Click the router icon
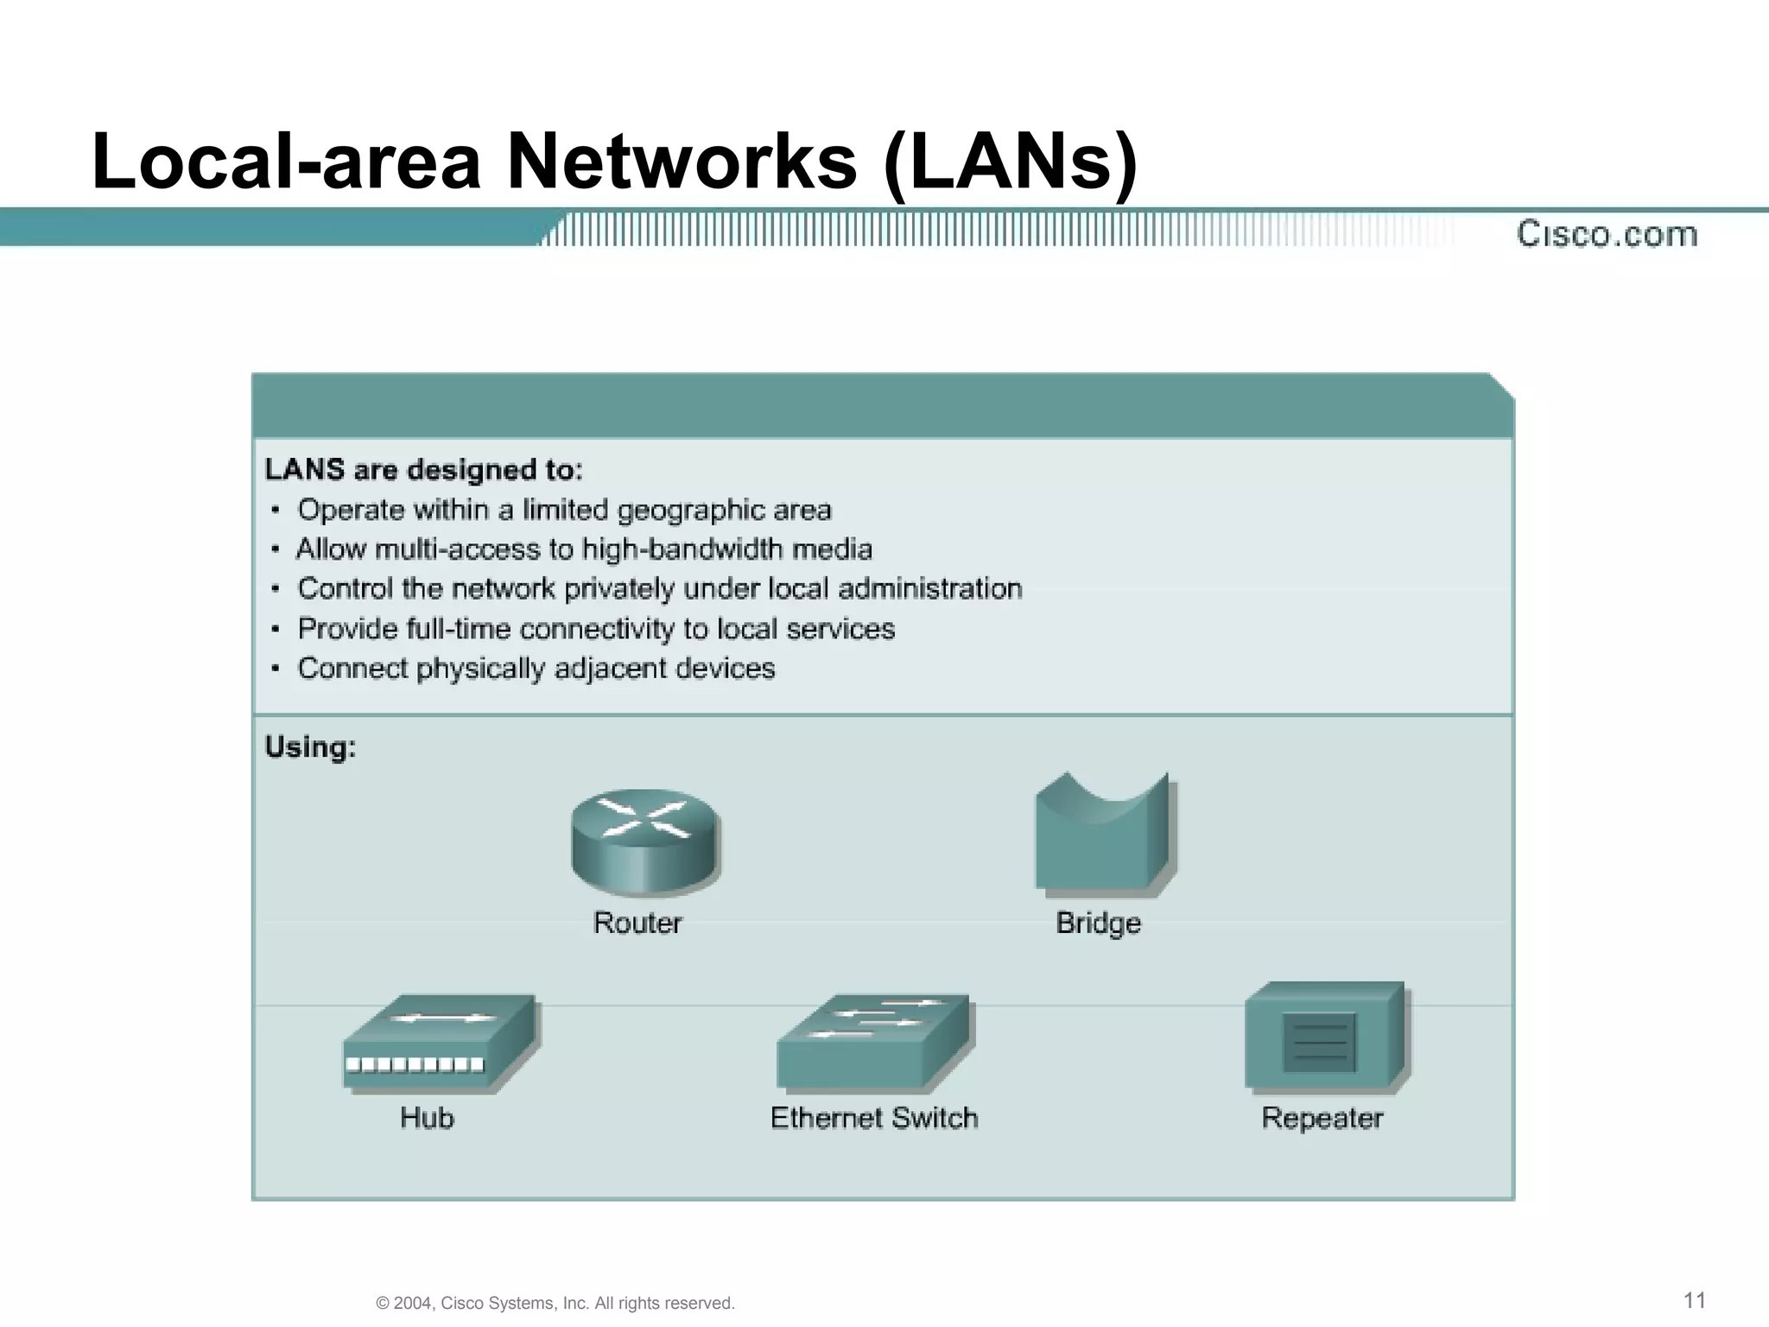[644, 841]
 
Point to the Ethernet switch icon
[874, 1042]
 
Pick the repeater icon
[1326, 1037]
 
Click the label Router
[637, 924]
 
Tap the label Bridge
[1099, 924]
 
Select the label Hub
[427, 1118]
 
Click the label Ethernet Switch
[874, 1118]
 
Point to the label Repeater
[1322, 1118]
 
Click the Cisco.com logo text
[1607, 234]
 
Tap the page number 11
[1695, 1300]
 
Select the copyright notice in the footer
[555, 1303]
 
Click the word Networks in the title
[682, 162]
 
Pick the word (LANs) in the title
[1011, 162]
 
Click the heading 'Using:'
[310, 747]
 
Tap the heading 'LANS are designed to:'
[424, 470]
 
